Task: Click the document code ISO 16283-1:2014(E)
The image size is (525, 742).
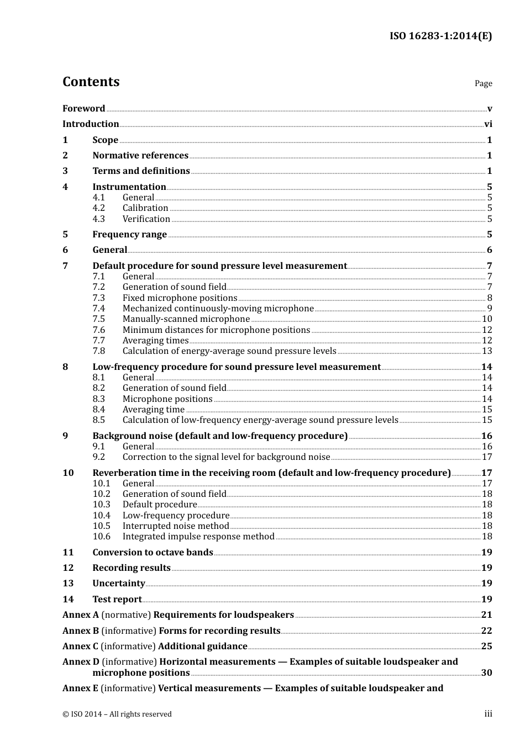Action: [440, 36]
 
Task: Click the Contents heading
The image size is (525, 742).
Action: [91, 82]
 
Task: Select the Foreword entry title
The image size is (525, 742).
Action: [83, 108]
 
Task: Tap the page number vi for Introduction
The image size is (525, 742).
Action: [488, 124]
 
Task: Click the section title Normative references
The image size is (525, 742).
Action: [140, 156]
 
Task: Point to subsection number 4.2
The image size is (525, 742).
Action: [98, 208]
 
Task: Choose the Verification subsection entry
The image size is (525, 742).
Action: [146, 219]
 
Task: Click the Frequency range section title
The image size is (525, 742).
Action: [129, 235]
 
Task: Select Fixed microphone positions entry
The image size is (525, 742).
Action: [180, 298]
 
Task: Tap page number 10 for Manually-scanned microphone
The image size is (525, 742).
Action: [487, 319]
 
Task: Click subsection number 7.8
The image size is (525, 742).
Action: [98, 351]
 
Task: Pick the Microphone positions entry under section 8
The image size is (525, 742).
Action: [167, 399]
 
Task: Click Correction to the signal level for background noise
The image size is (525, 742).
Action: [226, 457]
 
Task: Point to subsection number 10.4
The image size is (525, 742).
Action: [101, 516]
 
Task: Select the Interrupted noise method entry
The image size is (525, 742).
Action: [175, 526]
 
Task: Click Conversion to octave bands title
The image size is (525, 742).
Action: [153, 553]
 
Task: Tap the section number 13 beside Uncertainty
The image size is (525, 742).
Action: [68, 584]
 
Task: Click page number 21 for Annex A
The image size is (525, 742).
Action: [486, 615]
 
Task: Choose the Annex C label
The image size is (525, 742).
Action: [81, 646]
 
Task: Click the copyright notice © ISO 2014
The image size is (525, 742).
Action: [117, 714]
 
